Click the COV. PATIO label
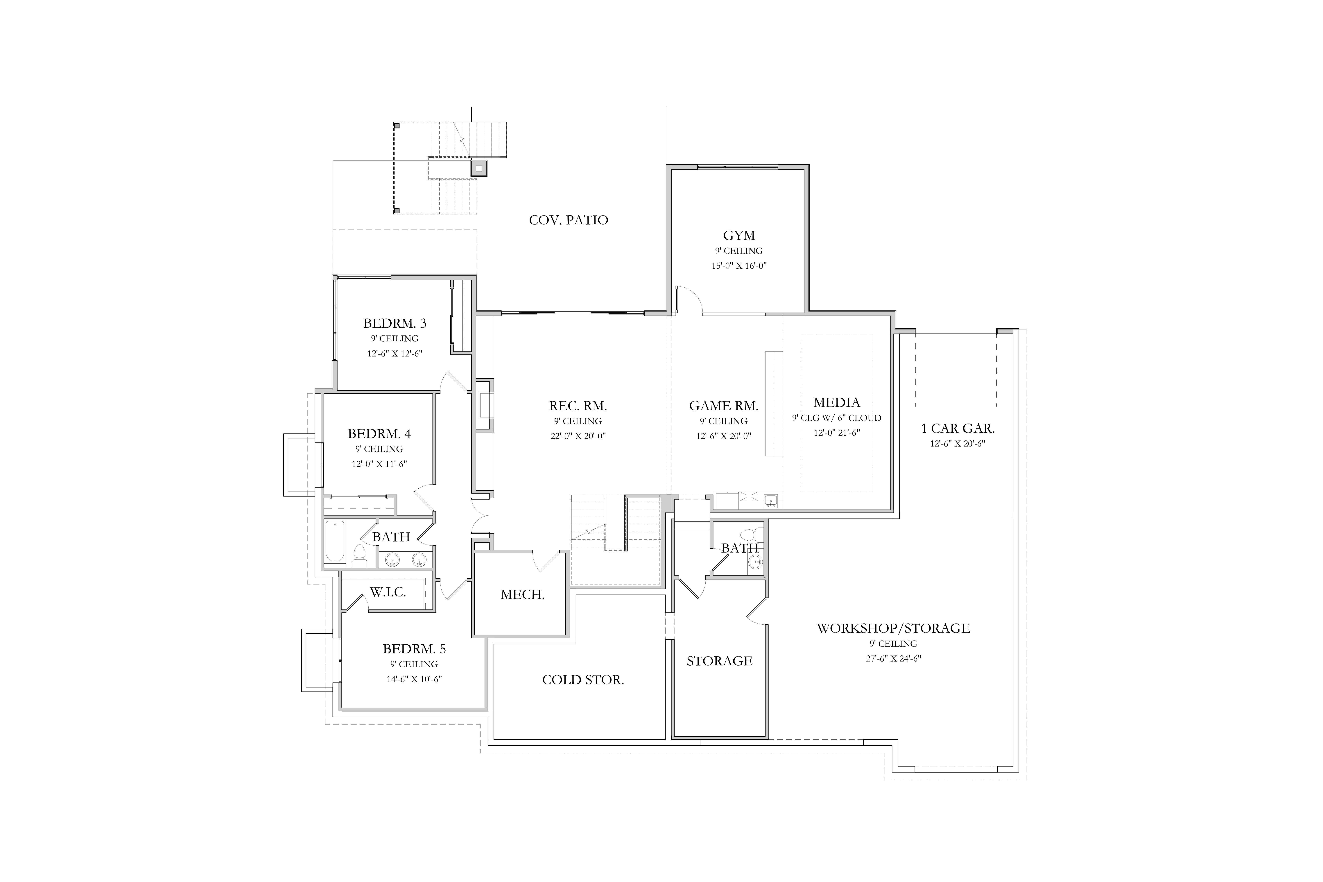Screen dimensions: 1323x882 [568, 220]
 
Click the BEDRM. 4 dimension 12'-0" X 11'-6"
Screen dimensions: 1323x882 [379, 464]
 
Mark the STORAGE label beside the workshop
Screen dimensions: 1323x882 [719, 661]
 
